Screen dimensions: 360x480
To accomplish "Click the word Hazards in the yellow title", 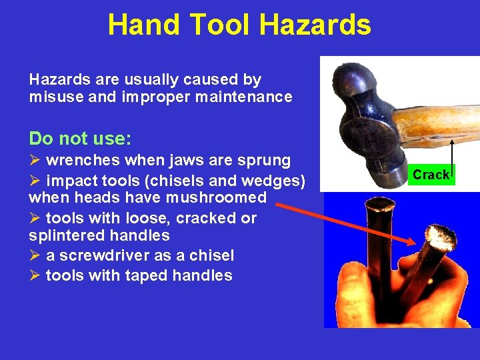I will point(315,25).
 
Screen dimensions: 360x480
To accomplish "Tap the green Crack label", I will point(431,175).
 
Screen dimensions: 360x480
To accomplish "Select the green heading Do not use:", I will point(80,139).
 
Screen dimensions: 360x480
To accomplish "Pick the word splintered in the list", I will point(61,236).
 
